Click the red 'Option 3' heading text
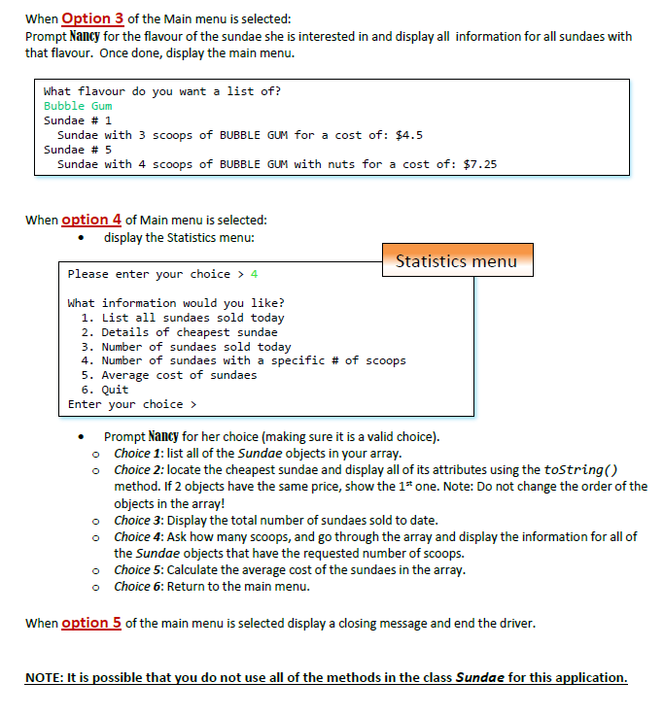93,19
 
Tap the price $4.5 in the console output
409,135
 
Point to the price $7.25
480,164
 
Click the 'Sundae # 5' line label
78,150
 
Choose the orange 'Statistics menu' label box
457,260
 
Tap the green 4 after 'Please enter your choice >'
254,274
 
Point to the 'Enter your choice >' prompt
132,404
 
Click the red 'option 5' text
91,623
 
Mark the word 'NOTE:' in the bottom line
45,677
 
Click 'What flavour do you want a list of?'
162,91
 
